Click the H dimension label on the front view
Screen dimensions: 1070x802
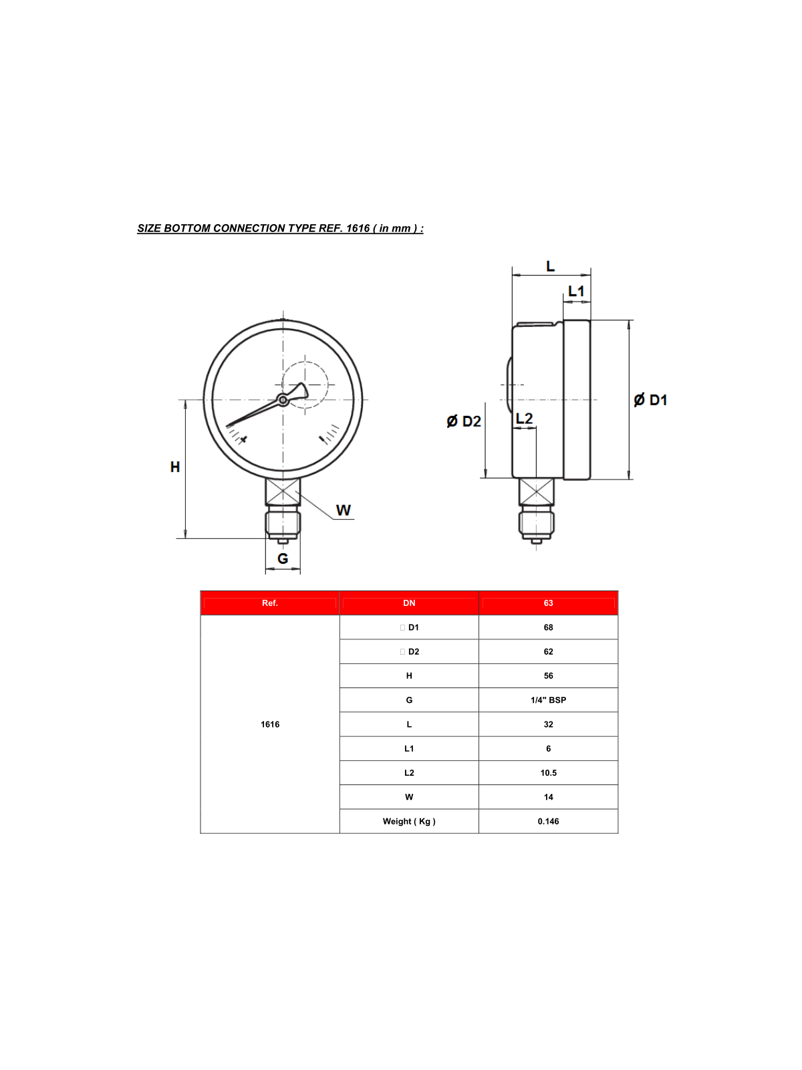tap(175, 467)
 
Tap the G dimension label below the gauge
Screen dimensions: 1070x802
tap(283, 558)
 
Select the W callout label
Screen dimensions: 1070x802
tap(343, 510)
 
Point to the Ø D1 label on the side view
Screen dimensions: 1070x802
tap(650, 400)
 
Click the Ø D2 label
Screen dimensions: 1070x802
tap(464, 421)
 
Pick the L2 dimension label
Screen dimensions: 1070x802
tap(525, 419)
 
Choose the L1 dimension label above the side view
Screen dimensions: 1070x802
tap(576, 292)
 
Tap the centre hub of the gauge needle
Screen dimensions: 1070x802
tap(283, 400)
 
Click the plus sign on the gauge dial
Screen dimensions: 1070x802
tap(243, 439)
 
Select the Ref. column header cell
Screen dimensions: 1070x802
tap(270, 603)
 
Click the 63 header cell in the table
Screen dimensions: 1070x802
tap(548, 603)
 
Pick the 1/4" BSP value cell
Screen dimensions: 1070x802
tap(548, 700)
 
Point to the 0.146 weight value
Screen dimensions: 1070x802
tap(548, 821)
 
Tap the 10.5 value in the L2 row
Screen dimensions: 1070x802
tap(548, 773)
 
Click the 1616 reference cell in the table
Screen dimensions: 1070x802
tap(270, 724)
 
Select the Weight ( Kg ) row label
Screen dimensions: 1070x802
tap(409, 821)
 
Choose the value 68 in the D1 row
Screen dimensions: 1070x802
tap(548, 627)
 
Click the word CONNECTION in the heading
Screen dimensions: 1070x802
tap(249, 228)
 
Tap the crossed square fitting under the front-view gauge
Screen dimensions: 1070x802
tap(283, 492)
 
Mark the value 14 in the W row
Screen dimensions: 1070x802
tap(548, 797)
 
